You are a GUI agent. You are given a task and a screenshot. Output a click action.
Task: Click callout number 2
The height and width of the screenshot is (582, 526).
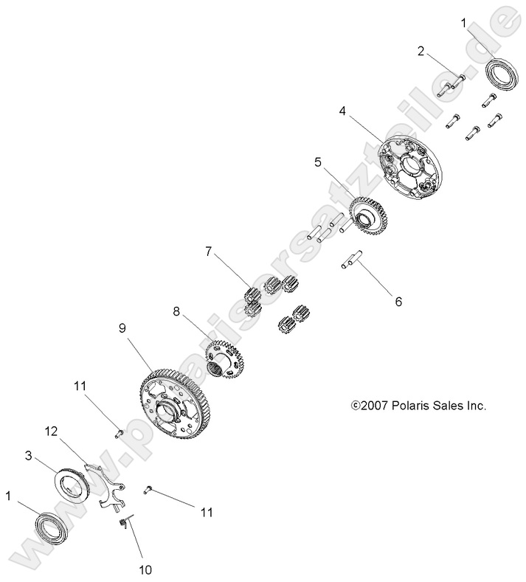coord(421,51)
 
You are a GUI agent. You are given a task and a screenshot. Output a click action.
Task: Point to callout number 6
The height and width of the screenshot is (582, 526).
coord(398,302)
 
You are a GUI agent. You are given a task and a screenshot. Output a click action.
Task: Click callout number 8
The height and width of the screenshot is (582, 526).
coord(176,311)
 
